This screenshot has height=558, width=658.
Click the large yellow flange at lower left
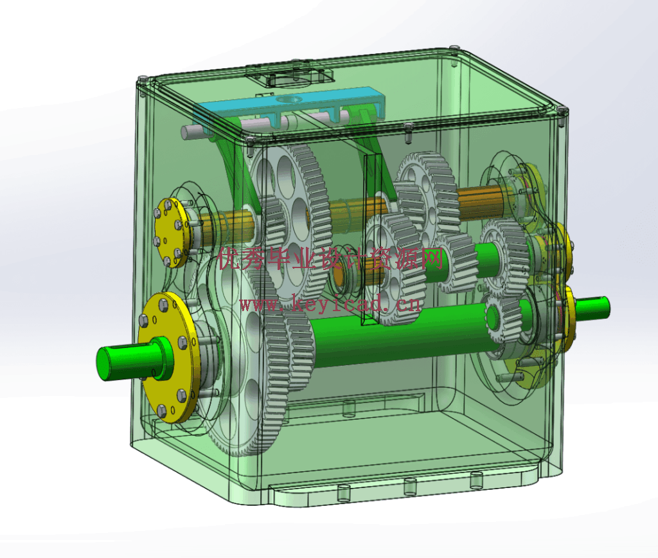click(x=168, y=357)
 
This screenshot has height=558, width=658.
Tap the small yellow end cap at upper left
click(x=169, y=232)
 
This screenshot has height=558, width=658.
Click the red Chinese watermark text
click(x=330, y=258)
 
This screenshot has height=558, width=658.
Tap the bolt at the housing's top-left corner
click(x=143, y=80)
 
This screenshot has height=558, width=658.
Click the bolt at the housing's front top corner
click(x=250, y=141)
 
